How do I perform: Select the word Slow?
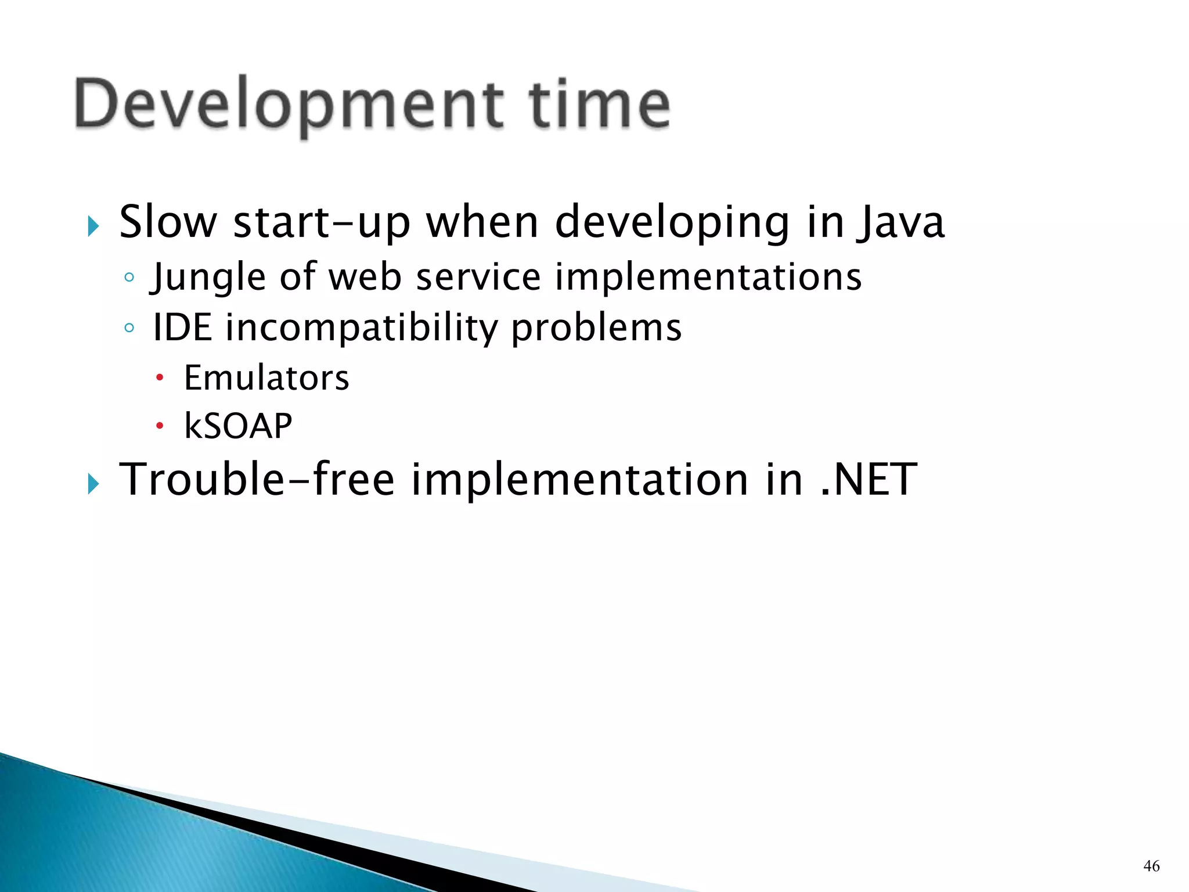pyautogui.click(x=168, y=222)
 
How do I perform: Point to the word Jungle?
pyautogui.click(x=208, y=278)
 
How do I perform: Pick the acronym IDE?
pyautogui.click(x=182, y=328)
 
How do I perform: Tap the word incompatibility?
pyautogui.click(x=361, y=329)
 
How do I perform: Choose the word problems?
pyautogui.click(x=596, y=329)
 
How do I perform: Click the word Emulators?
pyautogui.click(x=266, y=378)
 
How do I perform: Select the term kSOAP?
pyautogui.click(x=238, y=426)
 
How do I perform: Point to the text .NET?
pyautogui.click(x=869, y=480)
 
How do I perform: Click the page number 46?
pyautogui.click(x=1151, y=866)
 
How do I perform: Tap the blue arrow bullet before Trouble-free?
pyautogui.click(x=93, y=483)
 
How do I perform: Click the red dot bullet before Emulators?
pyautogui.click(x=160, y=379)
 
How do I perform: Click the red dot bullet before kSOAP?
pyautogui.click(x=160, y=427)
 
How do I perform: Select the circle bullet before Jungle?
pyautogui.click(x=129, y=278)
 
